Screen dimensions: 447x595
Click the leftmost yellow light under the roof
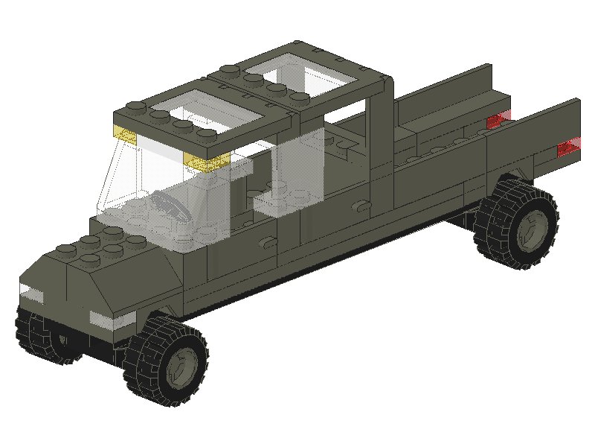(124, 136)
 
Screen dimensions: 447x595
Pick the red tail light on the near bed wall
(568, 148)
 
